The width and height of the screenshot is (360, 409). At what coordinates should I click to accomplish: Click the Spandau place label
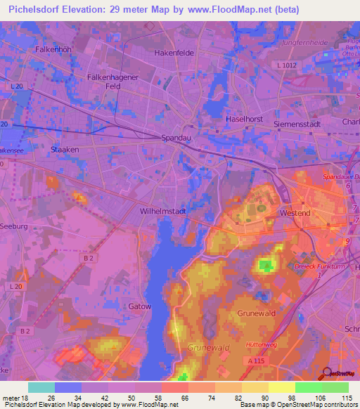176,138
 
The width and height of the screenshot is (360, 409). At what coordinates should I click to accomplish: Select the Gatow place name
140,306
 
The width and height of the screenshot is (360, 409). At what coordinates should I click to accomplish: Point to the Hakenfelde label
174,53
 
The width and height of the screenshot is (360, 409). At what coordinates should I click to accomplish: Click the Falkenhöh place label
54,50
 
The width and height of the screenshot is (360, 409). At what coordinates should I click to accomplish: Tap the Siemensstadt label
297,121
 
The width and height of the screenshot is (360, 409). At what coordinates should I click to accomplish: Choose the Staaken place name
65,150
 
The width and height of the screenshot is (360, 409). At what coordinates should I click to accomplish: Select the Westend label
295,212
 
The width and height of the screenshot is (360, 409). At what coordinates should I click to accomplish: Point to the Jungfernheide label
304,43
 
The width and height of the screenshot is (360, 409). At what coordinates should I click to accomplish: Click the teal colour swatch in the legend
41,387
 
